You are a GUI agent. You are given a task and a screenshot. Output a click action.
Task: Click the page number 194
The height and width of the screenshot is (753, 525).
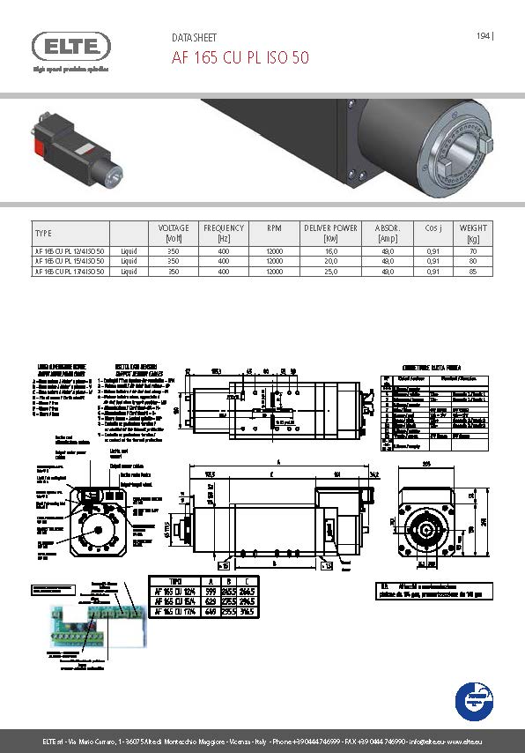click(484, 36)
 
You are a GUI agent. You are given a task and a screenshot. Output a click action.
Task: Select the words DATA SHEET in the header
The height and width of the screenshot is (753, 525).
click(194, 38)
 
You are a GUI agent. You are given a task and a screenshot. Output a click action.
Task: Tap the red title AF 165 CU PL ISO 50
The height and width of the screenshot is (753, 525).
click(240, 57)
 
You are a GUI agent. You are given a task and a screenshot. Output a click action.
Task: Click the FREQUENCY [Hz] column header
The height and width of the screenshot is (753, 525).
click(223, 233)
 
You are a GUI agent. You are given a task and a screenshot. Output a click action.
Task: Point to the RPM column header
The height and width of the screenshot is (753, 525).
click(274, 228)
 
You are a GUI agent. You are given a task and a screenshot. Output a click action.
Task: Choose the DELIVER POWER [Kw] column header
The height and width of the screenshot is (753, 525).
click(330, 233)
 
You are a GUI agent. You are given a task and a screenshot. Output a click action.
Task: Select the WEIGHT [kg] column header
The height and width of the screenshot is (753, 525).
click(473, 233)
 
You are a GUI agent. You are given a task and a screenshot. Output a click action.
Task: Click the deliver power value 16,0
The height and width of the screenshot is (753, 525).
click(330, 250)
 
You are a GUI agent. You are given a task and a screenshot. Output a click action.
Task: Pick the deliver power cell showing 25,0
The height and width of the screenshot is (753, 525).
click(330, 272)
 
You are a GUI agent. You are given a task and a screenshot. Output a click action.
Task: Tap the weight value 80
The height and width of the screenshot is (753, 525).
click(473, 261)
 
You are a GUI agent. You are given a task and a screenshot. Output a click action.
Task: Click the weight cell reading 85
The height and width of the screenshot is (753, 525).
click(473, 272)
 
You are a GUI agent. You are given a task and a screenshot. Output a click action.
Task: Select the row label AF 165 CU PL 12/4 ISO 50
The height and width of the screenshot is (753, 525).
click(70, 250)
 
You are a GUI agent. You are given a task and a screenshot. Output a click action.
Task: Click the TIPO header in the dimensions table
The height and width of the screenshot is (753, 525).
click(179, 583)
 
